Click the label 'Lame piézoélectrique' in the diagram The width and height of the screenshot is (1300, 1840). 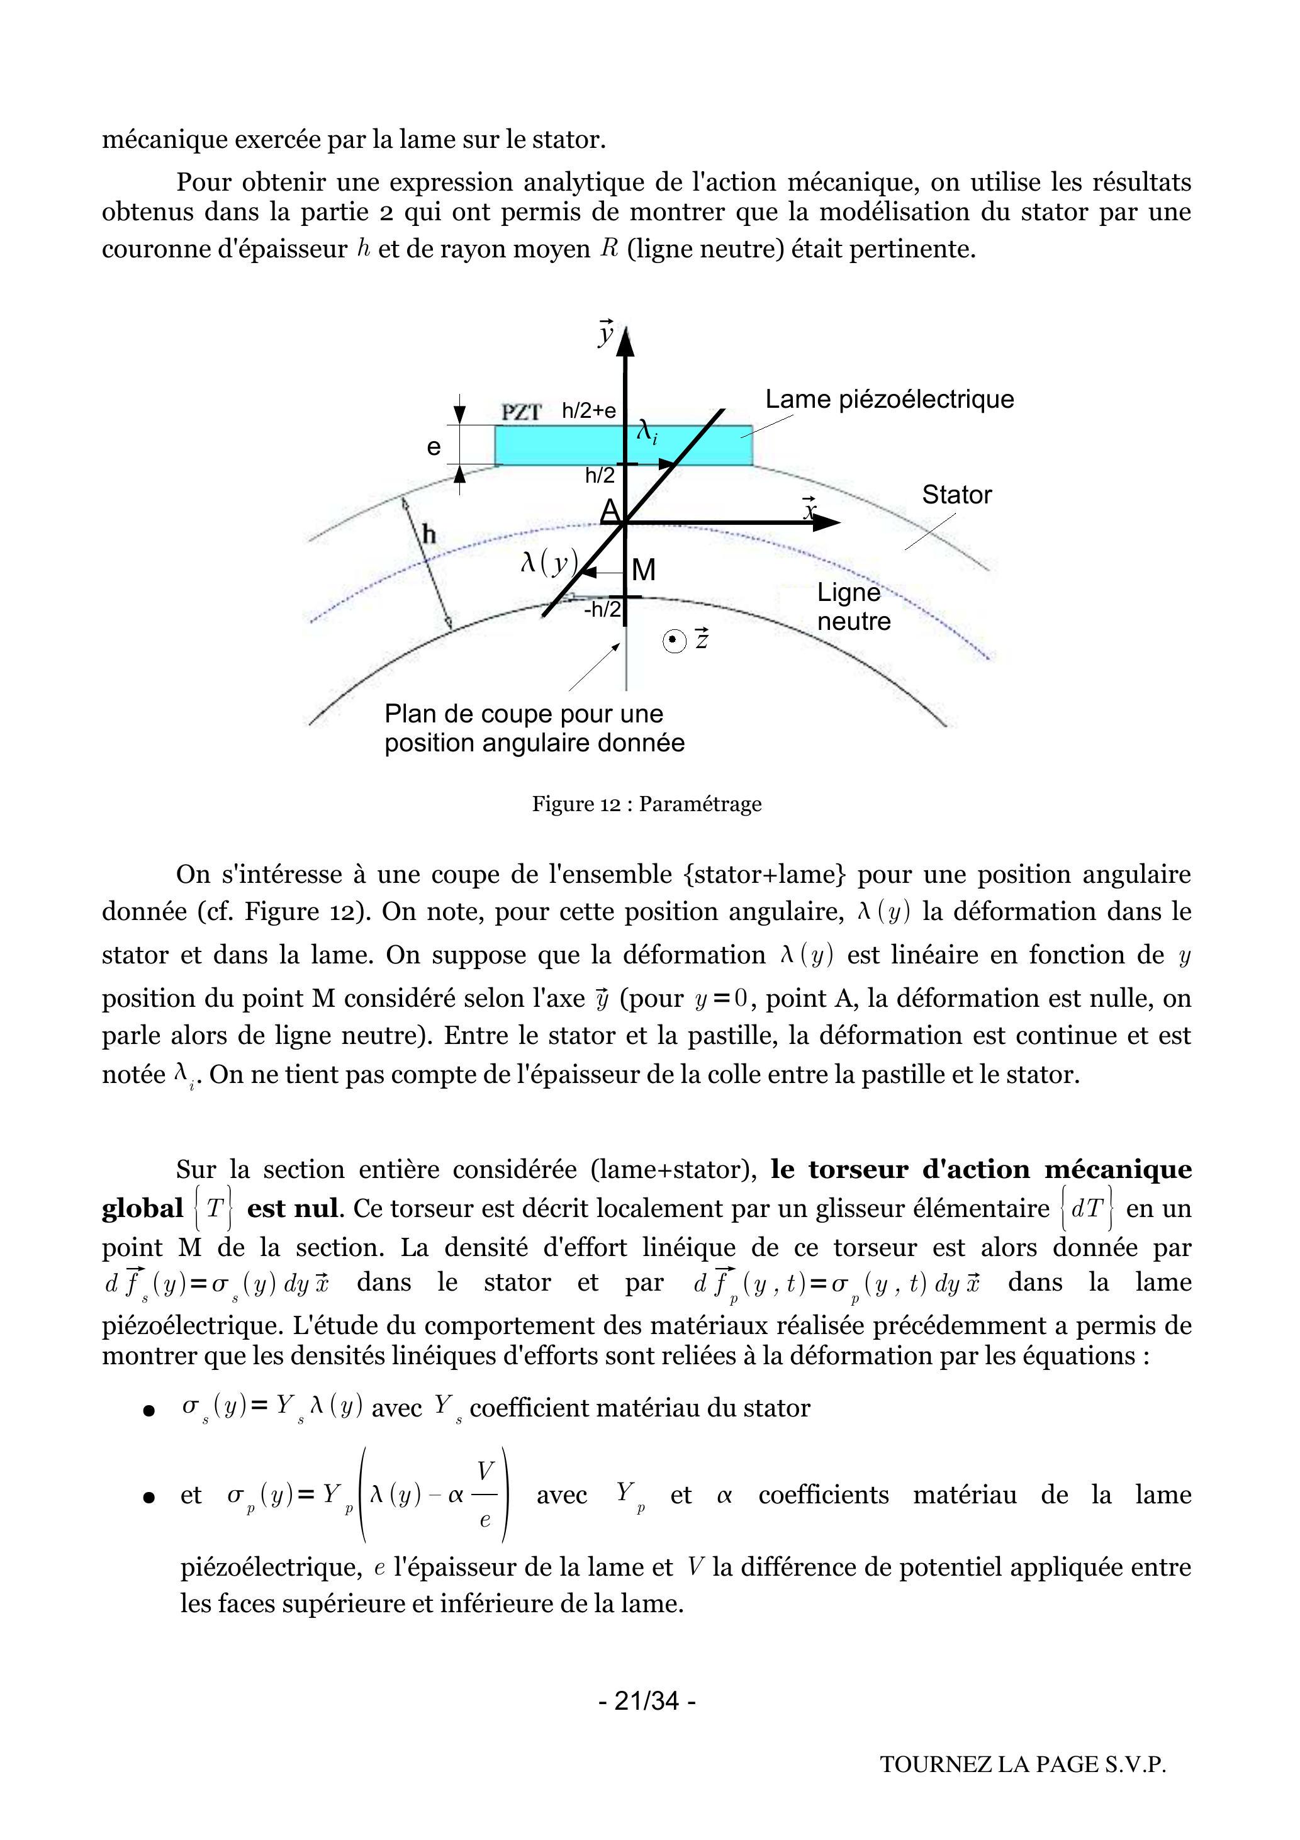[889, 399]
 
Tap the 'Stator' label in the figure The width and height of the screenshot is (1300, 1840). [956, 495]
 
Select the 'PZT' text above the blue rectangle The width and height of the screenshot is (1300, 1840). [522, 412]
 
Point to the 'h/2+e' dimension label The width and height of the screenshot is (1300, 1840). [588, 411]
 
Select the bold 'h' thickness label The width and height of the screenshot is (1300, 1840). [430, 534]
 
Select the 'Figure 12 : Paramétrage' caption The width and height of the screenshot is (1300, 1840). [647, 804]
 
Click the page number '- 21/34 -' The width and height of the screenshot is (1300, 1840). [647, 1700]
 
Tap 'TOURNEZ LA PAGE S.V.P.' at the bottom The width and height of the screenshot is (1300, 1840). [1023, 1764]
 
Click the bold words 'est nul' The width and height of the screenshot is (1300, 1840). [293, 1208]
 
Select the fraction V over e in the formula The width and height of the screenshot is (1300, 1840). [486, 1495]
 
